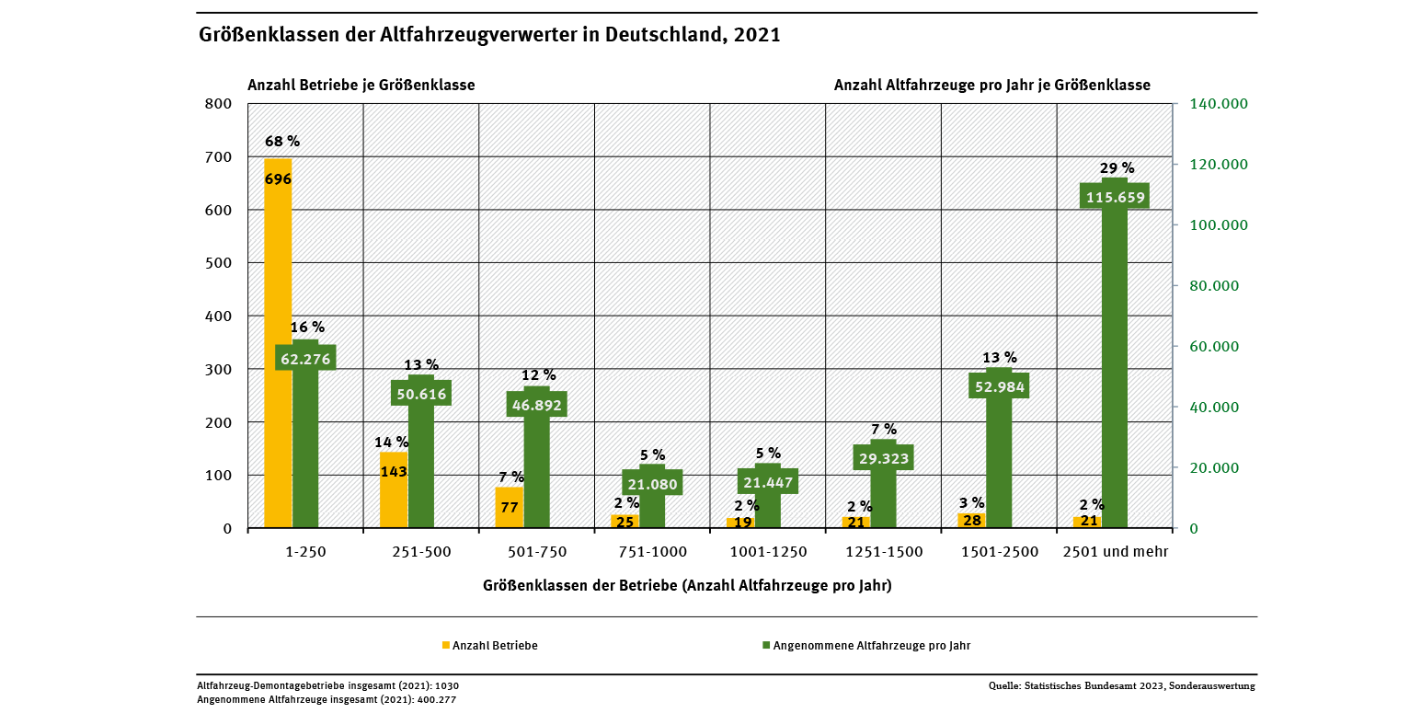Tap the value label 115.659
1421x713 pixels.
point(1114,197)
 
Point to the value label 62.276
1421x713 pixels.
point(305,359)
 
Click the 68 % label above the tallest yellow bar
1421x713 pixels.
point(281,142)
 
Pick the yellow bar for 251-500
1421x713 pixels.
point(394,497)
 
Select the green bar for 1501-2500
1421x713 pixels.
point(999,460)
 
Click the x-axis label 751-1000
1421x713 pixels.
point(652,552)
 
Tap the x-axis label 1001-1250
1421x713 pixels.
point(768,552)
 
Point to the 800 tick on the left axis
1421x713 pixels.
point(219,103)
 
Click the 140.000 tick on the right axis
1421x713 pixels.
point(1219,104)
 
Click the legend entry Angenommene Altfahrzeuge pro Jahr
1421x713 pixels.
point(871,646)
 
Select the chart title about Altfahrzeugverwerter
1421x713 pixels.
point(489,36)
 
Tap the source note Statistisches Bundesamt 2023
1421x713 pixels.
point(1121,685)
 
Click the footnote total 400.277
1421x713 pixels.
point(327,699)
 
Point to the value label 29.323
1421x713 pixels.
point(883,458)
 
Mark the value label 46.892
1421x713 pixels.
point(536,405)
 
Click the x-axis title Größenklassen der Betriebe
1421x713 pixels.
point(686,585)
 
